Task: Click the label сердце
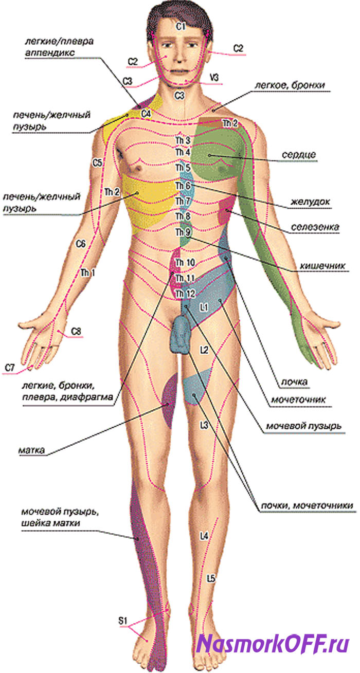click(x=299, y=155)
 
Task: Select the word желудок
click(x=310, y=202)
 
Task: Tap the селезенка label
click(x=315, y=227)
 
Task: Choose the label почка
click(x=294, y=382)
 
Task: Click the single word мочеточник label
click(x=298, y=399)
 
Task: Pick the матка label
click(x=31, y=450)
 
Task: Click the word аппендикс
click(x=50, y=53)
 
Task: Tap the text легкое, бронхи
click(x=290, y=85)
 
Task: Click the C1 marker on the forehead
click(x=181, y=26)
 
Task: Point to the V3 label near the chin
click(x=214, y=78)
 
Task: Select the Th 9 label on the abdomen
click(x=183, y=232)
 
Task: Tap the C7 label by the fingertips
click(x=10, y=368)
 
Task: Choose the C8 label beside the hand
click(x=76, y=332)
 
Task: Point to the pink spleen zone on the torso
click(x=225, y=210)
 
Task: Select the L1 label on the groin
click(x=204, y=307)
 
